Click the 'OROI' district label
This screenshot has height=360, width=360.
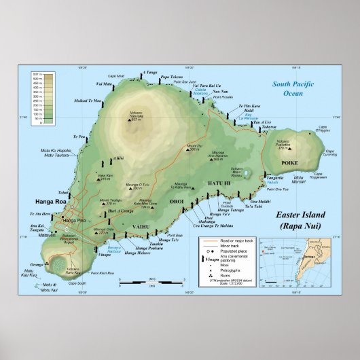[x=177, y=202]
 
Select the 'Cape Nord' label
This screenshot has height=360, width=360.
[x=116, y=76]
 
